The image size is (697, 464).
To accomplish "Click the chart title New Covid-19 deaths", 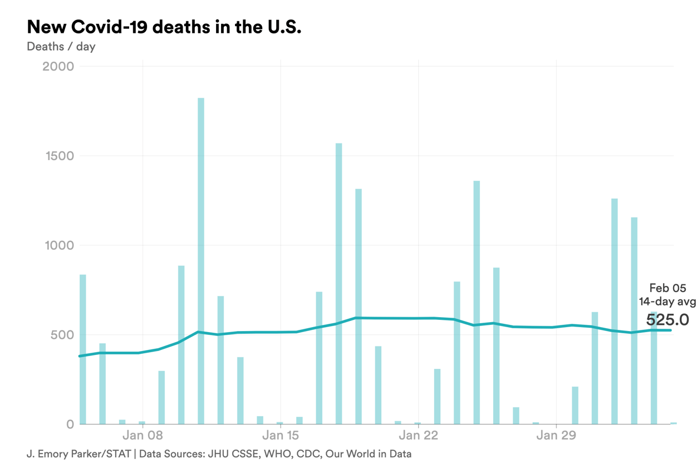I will (x=164, y=27).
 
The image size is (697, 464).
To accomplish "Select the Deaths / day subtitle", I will (x=61, y=47).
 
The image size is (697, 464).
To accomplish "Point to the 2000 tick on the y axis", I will (x=58, y=67).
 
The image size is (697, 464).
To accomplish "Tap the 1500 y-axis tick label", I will (x=58, y=156).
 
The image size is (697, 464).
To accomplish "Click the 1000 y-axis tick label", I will (x=58, y=245).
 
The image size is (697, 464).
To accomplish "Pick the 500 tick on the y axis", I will (x=62, y=335).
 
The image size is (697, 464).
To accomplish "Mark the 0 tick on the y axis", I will (x=70, y=424).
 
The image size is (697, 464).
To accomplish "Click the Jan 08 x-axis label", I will (x=143, y=436).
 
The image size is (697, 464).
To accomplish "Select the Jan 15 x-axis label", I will (x=281, y=436).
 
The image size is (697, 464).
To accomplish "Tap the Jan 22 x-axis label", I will (x=418, y=436).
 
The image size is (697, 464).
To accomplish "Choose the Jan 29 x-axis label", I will (x=556, y=436).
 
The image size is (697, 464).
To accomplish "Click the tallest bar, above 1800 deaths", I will (x=201, y=261).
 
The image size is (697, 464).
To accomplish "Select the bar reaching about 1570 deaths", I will (x=338, y=284).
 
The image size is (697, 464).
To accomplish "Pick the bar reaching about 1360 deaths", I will (x=477, y=303).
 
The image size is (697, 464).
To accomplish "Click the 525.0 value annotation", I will (x=667, y=320).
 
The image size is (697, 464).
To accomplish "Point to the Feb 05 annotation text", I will (x=667, y=288).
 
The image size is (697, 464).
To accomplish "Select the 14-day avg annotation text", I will (x=667, y=302).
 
